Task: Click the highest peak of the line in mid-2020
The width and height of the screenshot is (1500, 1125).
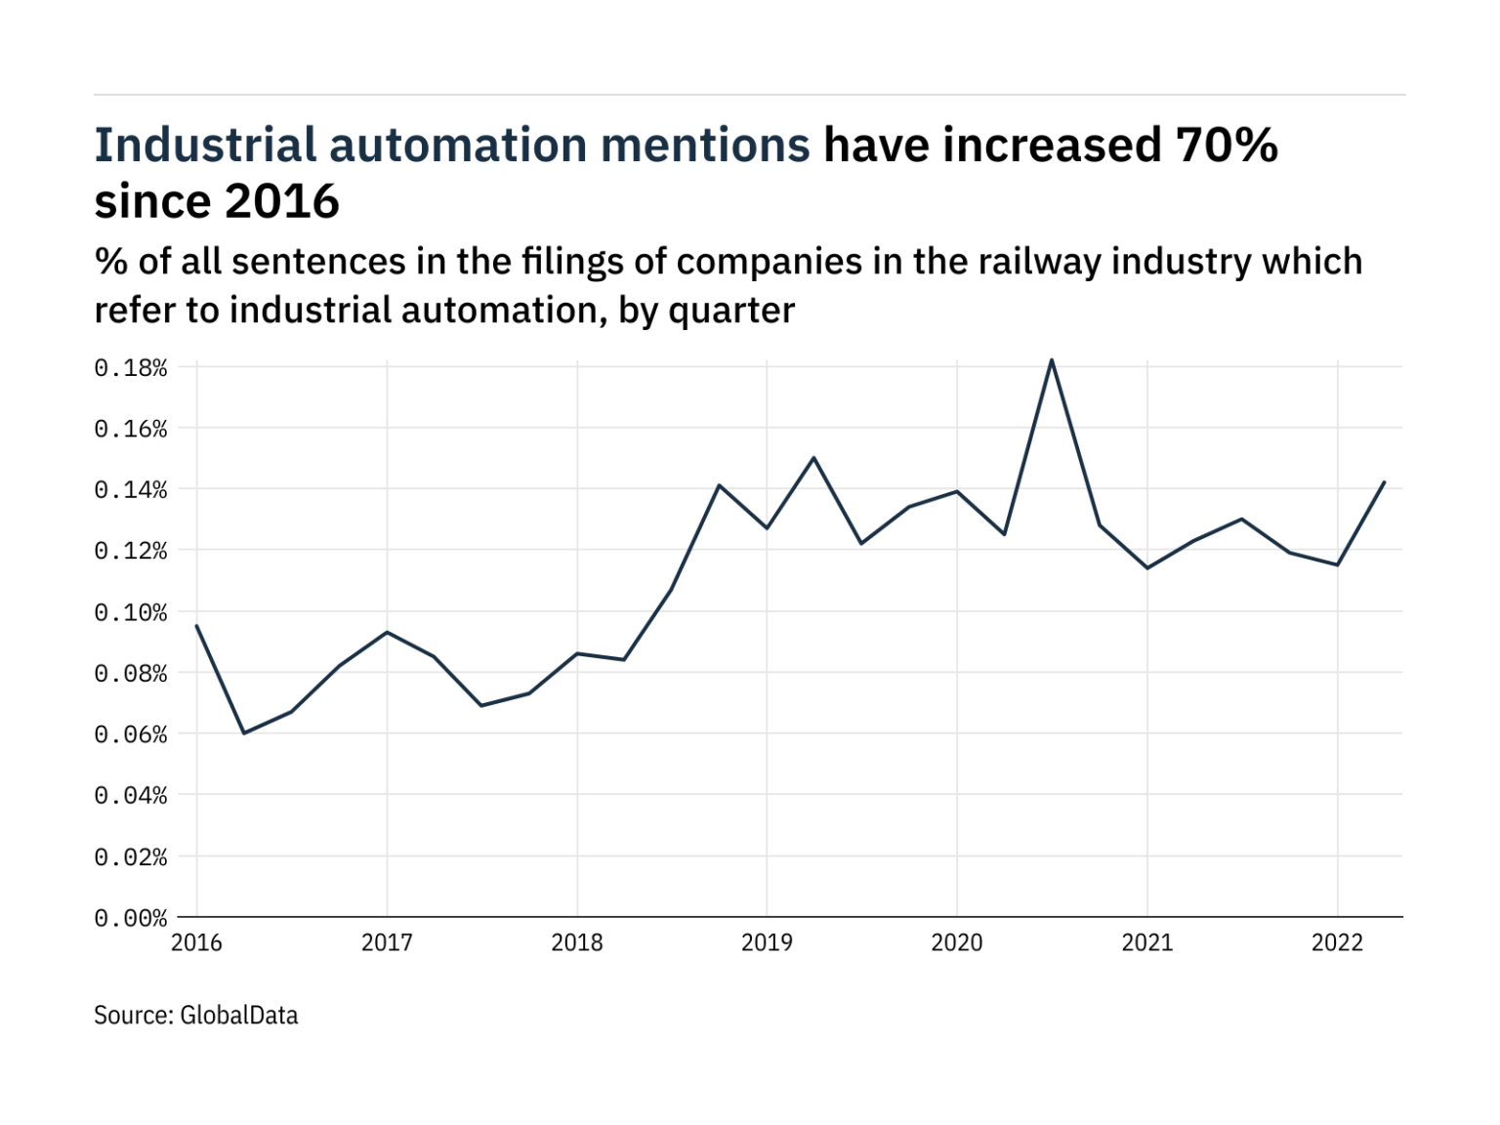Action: tap(1051, 360)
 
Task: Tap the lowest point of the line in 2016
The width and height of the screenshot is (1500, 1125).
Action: tap(243, 732)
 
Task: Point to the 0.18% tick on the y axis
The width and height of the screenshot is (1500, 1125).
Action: tap(131, 368)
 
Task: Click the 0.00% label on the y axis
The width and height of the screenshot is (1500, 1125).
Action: tap(131, 918)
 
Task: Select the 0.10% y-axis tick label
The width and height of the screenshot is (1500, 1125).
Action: tap(131, 612)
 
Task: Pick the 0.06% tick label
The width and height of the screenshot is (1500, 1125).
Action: tap(131, 734)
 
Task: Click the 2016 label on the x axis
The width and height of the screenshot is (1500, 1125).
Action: tap(196, 942)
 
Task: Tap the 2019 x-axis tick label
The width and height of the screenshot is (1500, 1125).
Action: tap(767, 942)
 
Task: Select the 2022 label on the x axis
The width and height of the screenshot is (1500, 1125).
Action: tap(1337, 942)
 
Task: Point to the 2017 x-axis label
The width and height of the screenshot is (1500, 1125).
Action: tap(387, 942)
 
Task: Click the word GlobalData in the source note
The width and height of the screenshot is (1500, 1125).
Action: tap(239, 1016)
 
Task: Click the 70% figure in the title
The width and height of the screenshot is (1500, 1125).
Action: tap(1227, 146)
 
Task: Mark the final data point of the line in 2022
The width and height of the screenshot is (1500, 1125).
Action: tap(1385, 482)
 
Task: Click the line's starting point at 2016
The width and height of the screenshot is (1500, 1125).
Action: tap(197, 626)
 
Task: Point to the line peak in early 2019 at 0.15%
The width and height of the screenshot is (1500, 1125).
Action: tap(813, 457)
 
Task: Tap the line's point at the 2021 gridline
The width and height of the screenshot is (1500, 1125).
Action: tap(1146, 567)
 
